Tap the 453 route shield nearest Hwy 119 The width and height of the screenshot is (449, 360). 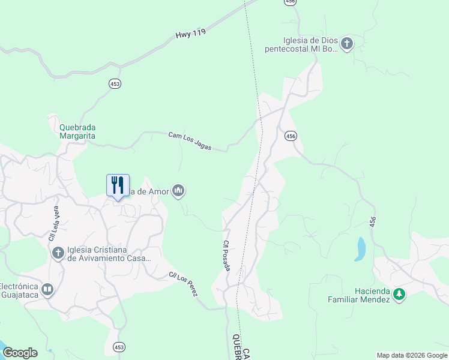pyautogui.click(x=115, y=84)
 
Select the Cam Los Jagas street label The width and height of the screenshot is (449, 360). pyautogui.click(x=190, y=141)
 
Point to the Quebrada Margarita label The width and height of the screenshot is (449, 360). pyautogui.click(x=77, y=131)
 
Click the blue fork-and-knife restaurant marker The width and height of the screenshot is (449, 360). pyautogui.click(x=118, y=185)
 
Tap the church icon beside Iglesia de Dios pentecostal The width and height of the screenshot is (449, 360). pyautogui.click(x=347, y=44)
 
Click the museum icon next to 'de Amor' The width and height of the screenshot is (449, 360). pyautogui.click(x=178, y=191)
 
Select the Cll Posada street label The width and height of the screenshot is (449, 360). pyautogui.click(x=226, y=256)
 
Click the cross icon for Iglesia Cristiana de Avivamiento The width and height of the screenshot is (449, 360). pyautogui.click(x=58, y=253)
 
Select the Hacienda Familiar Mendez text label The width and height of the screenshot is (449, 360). pyautogui.click(x=359, y=295)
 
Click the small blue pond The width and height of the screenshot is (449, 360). pyautogui.click(x=360, y=248)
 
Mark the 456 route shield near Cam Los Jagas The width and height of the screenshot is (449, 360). pyautogui.click(x=291, y=136)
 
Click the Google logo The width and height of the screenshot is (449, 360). pyautogui.click(x=20, y=353)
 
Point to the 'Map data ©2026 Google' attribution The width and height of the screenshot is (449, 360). pyautogui.click(x=412, y=355)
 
